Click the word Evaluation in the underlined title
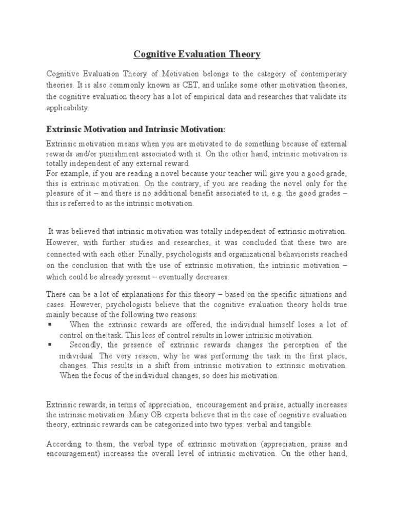click(x=196, y=54)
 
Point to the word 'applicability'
click(x=67, y=108)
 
